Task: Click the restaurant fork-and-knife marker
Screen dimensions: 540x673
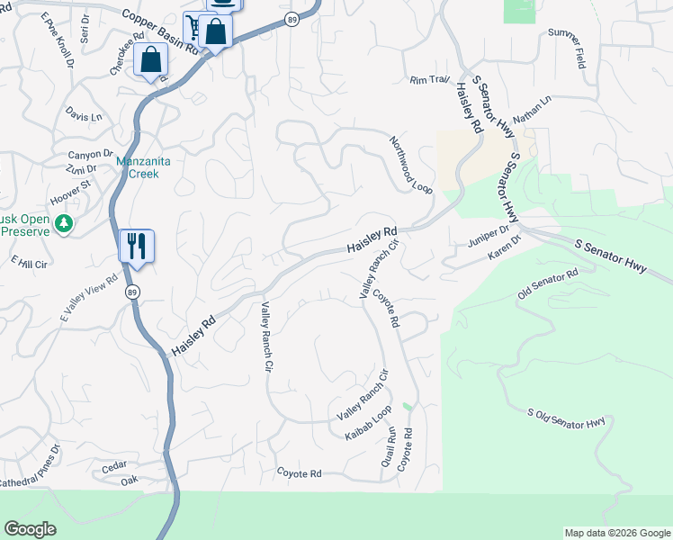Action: point(137,246)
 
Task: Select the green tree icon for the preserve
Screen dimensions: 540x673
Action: point(63,222)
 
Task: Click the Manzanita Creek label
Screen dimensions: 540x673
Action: point(138,167)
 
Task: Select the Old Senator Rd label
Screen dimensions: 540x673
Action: point(547,285)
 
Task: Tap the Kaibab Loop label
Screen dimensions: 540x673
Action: point(369,423)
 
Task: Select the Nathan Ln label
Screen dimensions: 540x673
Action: point(532,110)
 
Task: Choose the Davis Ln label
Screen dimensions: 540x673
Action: point(84,115)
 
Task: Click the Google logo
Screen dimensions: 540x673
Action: point(31,529)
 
